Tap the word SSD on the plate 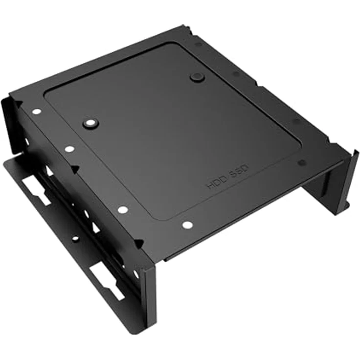coord(239,172)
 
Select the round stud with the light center coord(90,123)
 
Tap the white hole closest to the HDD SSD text coord(187,225)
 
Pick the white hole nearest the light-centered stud coord(69,149)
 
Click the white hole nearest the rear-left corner coord(37,112)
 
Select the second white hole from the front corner coord(123,209)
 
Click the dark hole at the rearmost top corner coord(198,44)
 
